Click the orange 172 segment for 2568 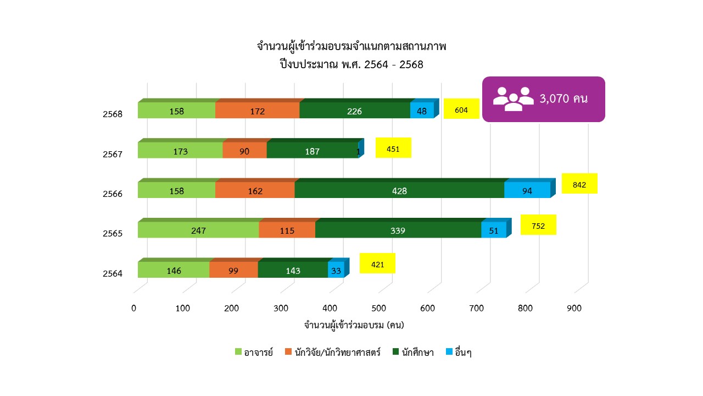pyautogui.click(x=257, y=111)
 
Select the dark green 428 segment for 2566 pyautogui.click(x=399, y=190)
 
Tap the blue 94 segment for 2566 pyautogui.click(x=527, y=190)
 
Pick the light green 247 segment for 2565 pyautogui.click(x=198, y=230)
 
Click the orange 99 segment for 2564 pyautogui.click(x=233, y=270)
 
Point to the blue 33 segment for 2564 pyautogui.click(x=336, y=270)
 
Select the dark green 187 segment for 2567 pyautogui.click(x=312, y=151)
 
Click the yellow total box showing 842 pyautogui.click(x=579, y=184)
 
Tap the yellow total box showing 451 pyautogui.click(x=393, y=148)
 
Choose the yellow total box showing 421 pyautogui.click(x=377, y=264)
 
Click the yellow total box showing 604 pyautogui.click(x=461, y=109)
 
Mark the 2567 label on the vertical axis pyautogui.click(x=112, y=154)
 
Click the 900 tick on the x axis pyautogui.click(x=574, y=309)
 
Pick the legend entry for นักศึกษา pyautogui.click(x=413, y=353)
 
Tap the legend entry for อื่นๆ pyautogui.click(x=459, y=353)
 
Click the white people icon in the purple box pyautogui.click(x=513, y=99)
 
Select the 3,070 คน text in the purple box pyautogui.click(x=564, y=99)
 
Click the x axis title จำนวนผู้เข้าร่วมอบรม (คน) pyautogui.click(x=354, y=325)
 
